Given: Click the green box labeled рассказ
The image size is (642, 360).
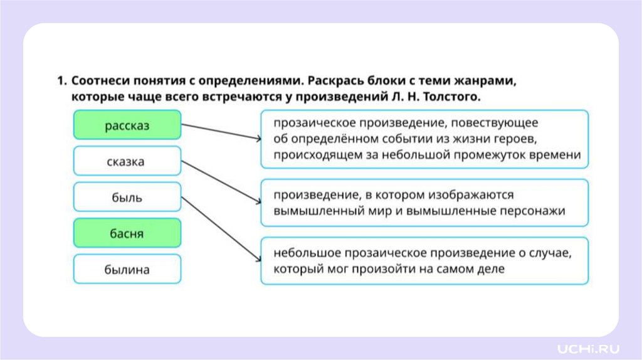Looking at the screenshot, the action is pyautogui.click(x=127, y=125).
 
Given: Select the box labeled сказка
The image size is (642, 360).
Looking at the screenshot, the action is pyautogui.click(x=127, y=161).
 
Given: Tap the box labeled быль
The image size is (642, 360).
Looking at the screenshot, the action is pyautogui.click(x=127, y=198).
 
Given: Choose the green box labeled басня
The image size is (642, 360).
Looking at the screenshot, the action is pyautogui.click(x=127, y=234).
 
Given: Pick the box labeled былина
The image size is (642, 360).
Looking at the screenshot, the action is pyautogui.click(x=127, y=270).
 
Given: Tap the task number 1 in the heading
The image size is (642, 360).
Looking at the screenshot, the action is pyautogui.click(x=60, y=82).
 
